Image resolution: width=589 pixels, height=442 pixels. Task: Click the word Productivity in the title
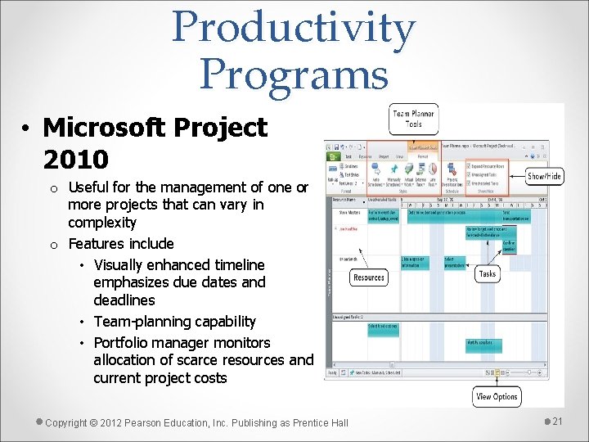[294, 27]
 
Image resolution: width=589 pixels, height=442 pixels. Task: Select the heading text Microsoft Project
[155, 128]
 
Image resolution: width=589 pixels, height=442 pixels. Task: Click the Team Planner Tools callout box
[413, 119]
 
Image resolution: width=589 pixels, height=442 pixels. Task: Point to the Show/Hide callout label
[544, 176]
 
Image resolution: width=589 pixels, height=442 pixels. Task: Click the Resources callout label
[368, 277]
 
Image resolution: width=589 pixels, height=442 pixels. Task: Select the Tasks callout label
[488, 274]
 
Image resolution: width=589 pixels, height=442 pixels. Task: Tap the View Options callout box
[497, 396]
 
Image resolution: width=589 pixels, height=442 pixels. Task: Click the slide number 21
[559, 421]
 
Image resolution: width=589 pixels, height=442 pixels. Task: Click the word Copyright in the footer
[67, 422]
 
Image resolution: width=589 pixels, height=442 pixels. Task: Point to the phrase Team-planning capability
[174, 322]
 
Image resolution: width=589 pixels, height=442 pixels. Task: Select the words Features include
[121, 244]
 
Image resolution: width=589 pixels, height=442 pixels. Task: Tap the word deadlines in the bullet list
[124, 300]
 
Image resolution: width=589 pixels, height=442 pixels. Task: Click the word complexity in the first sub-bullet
[102, 223]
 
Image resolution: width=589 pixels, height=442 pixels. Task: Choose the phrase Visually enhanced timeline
[179, 265]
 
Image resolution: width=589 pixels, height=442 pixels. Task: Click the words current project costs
[160, 378]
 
